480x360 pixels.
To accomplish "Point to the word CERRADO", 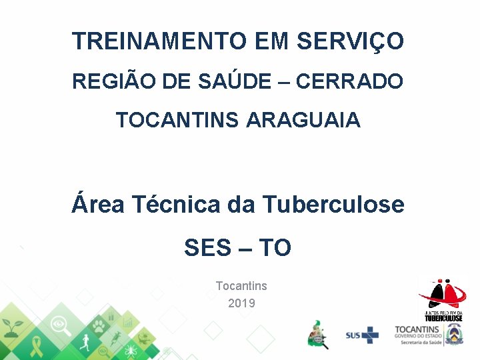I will pos(349,82).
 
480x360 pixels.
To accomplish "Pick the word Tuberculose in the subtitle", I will pos(333,204).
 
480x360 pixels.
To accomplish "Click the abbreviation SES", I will pos(206,248).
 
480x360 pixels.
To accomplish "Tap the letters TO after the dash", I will pos(275,248).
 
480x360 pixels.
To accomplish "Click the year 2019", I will pos(241,303).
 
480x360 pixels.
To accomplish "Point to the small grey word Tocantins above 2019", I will pos(241,286).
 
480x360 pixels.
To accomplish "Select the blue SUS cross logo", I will pos(362,335).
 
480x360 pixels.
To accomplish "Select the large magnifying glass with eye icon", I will pos(60,325).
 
